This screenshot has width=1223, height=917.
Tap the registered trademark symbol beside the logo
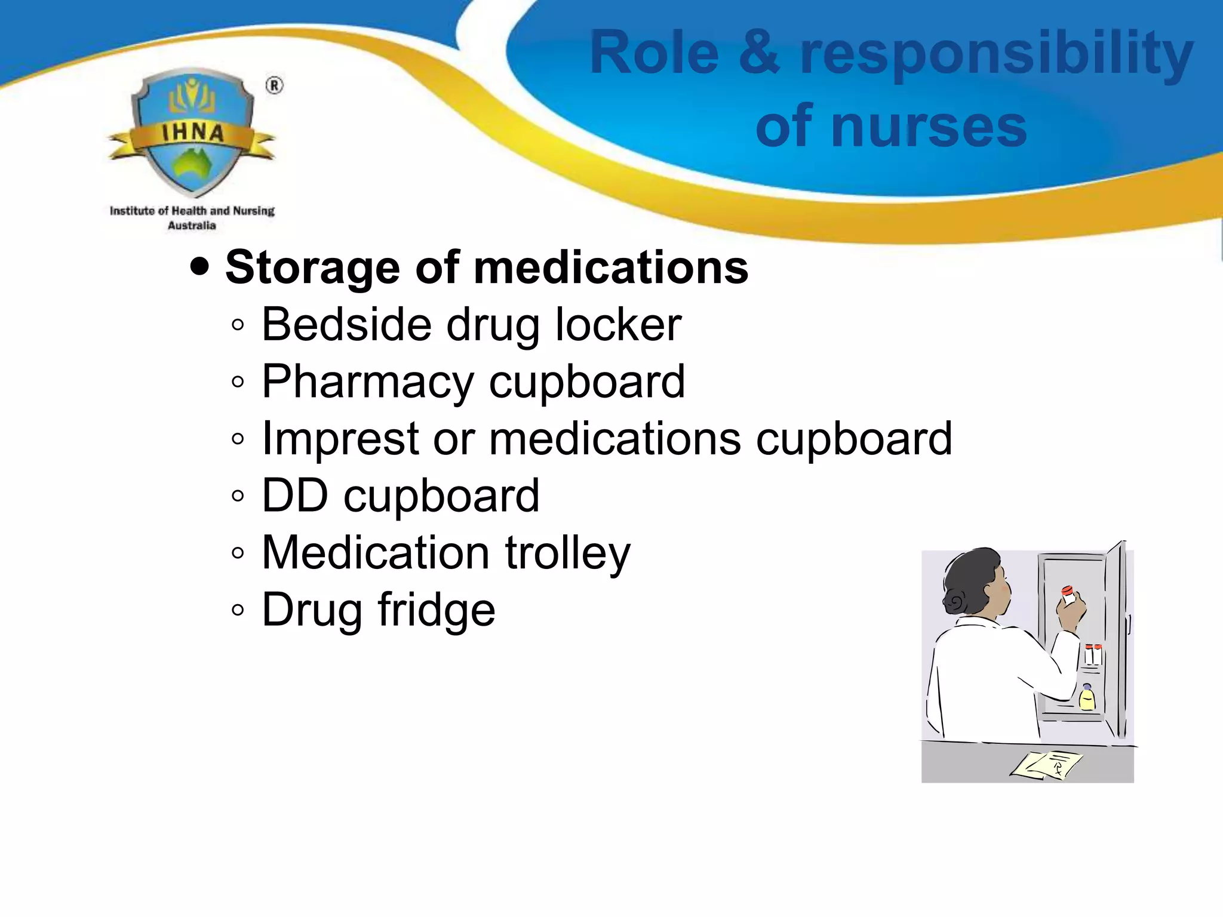click(274, 86)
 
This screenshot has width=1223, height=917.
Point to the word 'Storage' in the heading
click(312, 268)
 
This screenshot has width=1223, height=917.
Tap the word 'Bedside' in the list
click(346, 325)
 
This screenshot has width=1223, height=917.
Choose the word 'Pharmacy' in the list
click(367, 383)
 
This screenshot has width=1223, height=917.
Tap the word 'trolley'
click(567, 553)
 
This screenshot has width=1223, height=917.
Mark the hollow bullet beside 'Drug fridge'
click(238, 610)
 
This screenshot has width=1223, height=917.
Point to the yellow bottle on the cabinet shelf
click(1087, 698)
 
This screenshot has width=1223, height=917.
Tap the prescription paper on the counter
click(1046, 765)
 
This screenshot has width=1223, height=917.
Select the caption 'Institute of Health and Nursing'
click(192, 211)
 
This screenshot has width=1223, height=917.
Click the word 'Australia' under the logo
click(192, 226)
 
